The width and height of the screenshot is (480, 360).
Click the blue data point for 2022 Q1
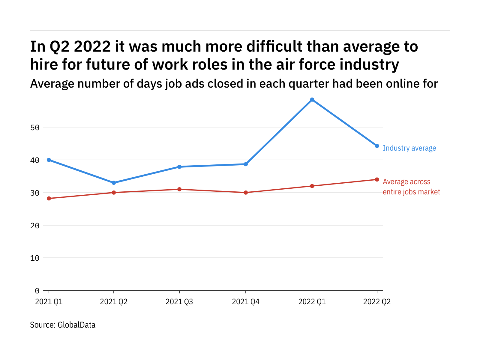tap(312, 100)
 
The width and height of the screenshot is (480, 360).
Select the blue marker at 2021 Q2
tap(114, 183)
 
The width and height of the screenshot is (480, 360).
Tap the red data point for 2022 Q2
tap(377, 179)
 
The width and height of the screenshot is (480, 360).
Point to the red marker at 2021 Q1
tap(49, 198)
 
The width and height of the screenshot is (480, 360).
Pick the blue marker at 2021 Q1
tap(49, 160)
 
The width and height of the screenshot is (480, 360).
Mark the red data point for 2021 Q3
tap(179, 189)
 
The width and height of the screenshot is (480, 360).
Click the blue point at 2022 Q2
tap(377, 146)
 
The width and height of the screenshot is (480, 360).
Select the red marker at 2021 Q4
tap(246, 192)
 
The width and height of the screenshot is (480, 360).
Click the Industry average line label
tap(409, 148)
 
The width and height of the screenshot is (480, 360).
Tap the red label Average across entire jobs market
tap(411, 187)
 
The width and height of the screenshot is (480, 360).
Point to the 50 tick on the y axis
tap(35, 127)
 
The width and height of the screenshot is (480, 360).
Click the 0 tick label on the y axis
tap(37, 290)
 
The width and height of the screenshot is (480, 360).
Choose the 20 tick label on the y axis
tap(35, 225)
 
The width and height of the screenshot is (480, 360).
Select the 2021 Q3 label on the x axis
tap(179, 301)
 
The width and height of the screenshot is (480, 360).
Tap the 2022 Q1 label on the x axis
tap(312, 301)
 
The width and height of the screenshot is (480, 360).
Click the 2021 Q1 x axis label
tap(49, 301)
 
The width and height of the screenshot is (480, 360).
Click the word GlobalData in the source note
tap(76, 325)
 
